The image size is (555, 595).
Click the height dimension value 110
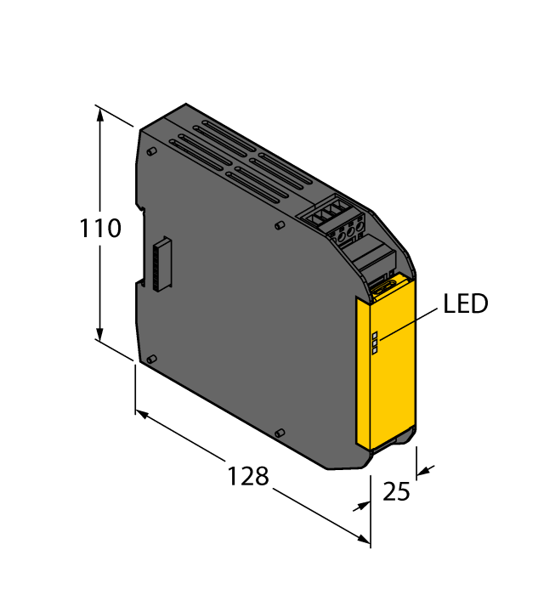[100, 229]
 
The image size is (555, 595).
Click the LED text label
[465, 304]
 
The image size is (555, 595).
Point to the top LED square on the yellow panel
[375, 336]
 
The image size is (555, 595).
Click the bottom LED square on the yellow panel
[375, 350]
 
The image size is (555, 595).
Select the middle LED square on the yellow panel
[375, 343]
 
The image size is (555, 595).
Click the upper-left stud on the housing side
[150, 151]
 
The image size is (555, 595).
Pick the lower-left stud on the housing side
[150, 360]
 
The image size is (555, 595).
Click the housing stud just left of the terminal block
[280, 226]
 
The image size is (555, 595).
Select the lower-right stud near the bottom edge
[280, 434]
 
